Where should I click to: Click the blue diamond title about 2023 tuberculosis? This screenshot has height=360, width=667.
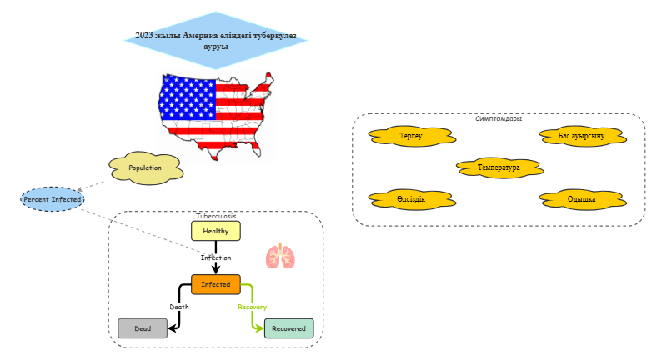(x=215, y=42)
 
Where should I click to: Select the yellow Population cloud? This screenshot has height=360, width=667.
(x=146, y=167)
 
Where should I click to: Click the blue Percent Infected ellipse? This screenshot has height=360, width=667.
(x=53, y=199)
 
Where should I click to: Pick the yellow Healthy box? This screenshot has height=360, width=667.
(x=216, y=231)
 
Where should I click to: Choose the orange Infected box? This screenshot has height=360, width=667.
(x=216, y=284)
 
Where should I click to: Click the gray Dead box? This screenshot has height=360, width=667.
(x=143, y=328)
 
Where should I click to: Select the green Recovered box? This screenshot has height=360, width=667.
(x=288, y=328)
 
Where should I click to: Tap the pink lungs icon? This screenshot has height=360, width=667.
(x=280, y=256)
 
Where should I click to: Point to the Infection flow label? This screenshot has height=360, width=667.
(x=216, y=257)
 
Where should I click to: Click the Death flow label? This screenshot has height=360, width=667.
(x=179, y=307)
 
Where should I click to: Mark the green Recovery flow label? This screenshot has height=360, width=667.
(x=252, y=307)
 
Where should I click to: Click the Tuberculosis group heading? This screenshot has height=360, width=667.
(x=216, y=216)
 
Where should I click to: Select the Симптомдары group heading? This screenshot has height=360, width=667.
(x=499, y=118)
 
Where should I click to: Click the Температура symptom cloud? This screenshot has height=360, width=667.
(x=499, y=167)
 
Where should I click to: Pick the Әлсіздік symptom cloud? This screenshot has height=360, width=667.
(x=411, y=199)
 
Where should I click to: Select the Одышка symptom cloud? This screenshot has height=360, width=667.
(x=581, y=199)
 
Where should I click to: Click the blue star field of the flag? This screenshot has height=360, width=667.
(x=188, y=98)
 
